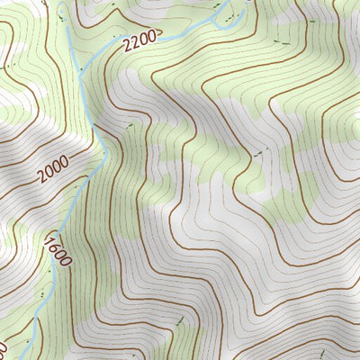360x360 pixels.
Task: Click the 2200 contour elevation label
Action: (141, 40)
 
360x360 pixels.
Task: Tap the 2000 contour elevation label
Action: (54, 170)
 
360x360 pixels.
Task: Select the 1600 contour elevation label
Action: (56, 248)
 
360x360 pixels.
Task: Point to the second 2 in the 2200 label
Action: (138, 41)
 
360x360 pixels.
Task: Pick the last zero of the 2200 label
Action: (153, 34)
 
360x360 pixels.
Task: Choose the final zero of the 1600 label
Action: (62, 260)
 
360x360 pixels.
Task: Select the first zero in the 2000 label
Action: (50, 173)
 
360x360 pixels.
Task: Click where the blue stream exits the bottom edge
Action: (34, 357)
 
